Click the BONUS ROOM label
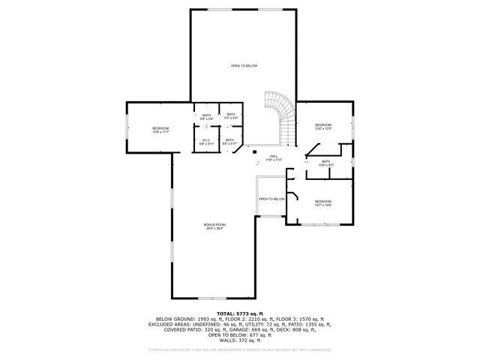(215, 226)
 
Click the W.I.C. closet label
(206, 141)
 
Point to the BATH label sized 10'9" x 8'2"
(325, 162)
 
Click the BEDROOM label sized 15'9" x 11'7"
(160, 130)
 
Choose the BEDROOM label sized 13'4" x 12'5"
(322, 126)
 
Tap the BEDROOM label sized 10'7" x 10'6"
(322, 202)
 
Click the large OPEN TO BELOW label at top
(244, 66)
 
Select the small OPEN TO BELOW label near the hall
(271, 199)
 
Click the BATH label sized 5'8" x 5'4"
(206, 116)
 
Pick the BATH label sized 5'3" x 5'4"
(231, 116)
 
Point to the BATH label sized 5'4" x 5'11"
(229, 141)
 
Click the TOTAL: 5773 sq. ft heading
(240, 313)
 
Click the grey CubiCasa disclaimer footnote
(240, 349)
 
